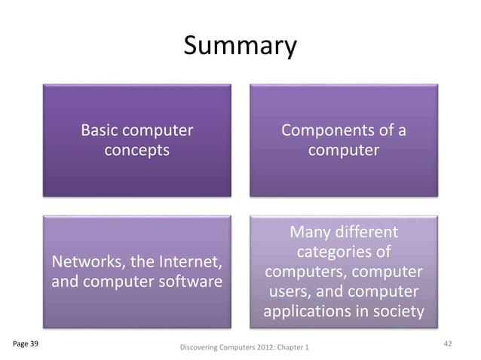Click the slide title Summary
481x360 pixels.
pyautogui.click(x=240, y=47)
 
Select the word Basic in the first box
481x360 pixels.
pyautogui.click(x=103, y=131)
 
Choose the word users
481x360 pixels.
pyautogui.click(x=287, y=291)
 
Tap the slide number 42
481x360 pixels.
pyautogui.click(x=448, y=343)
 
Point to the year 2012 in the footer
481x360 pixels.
pyautogui.click(x=263, y=348)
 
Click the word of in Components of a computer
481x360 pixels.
pyautogui.click(x=386, y=131)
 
